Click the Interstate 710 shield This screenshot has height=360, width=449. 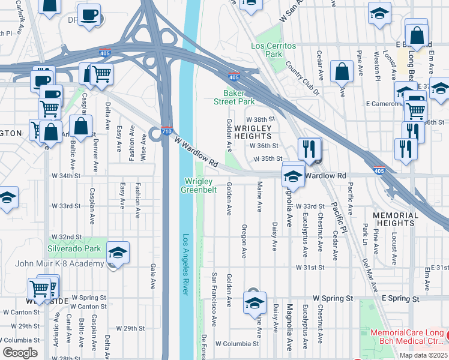167,131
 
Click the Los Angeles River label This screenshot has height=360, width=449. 185,264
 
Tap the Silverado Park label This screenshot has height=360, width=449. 74,248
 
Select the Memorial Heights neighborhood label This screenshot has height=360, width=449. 395,219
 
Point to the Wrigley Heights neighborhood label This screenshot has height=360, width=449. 253,132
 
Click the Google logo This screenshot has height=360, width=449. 20,353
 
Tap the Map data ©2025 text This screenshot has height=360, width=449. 423,355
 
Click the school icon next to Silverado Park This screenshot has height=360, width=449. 118,252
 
